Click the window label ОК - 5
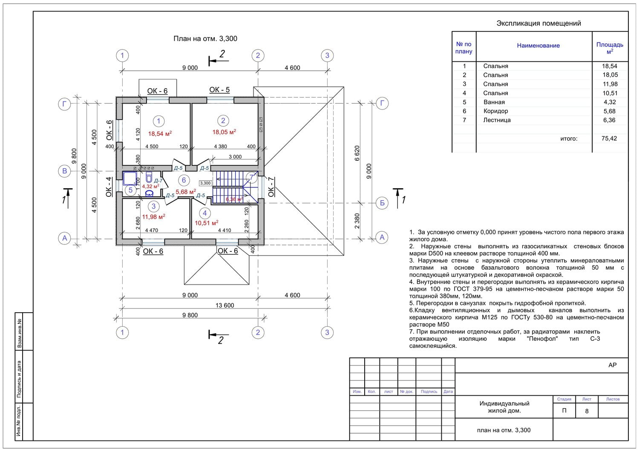219,90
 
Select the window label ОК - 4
109,187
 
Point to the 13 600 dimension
225,305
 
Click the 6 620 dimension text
357,153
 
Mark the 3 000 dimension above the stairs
235,157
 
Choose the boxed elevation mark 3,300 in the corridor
205,183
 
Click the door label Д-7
158,181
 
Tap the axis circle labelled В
64,171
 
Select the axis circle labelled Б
382,203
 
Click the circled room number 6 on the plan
184,180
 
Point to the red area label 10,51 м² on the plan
207,223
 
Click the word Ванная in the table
494,102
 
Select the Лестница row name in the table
497,120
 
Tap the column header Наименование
538,46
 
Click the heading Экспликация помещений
538,23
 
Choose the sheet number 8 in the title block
587,411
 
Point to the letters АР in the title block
612,365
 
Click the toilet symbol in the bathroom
149,177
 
